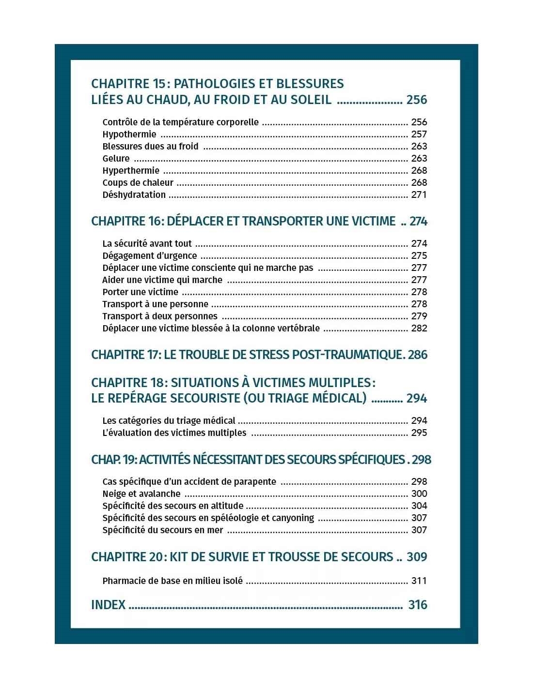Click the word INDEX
coord(108,605)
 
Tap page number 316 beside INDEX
coord(417,605)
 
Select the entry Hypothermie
coord(129,135)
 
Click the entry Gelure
coord(116,159)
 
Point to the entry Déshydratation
coord(134,195)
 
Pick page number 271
coord(419,195)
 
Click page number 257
coord(419,135)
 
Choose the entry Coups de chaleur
coord(138,183)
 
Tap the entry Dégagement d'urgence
coord(150,256)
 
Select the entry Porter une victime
coord(140,292)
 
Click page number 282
coord(419,329)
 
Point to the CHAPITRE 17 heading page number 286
coord(418,355)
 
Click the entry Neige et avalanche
coord(141,494)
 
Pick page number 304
coord(419,506)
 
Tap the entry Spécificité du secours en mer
coord(163,530)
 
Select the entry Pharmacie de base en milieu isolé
coord(172,581)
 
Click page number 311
coord(419,581)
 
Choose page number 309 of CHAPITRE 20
coord(417,557)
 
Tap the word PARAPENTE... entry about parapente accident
coord(189,482)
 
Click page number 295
coord(419,433)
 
